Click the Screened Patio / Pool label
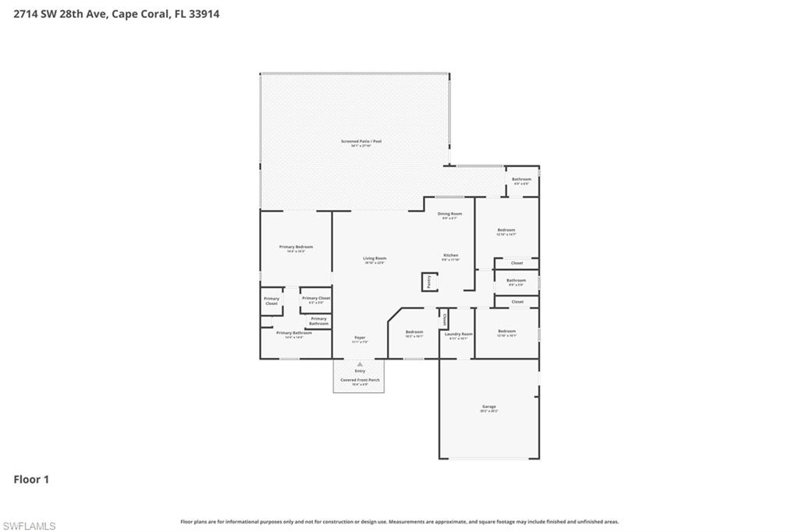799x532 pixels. (360, 141)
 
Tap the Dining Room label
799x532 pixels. (449, 214)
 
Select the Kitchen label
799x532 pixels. (450, 255)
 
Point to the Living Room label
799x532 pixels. (375, 258)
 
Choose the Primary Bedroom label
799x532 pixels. (296, 246)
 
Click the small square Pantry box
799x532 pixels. (428, 282)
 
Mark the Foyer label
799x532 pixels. (360, 338)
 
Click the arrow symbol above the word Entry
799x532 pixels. (360, 364)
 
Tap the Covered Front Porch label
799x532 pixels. (360, 380)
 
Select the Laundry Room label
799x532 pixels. (459, 334)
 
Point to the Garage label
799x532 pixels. (489, 406)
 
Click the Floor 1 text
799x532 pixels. (31, 480)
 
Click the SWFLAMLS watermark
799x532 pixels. (29, 526)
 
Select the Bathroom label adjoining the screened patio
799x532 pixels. (521, 179)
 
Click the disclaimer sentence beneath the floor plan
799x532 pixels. (399, 521)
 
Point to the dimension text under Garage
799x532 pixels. (489, 411)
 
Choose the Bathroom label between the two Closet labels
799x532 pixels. (516, 280)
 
